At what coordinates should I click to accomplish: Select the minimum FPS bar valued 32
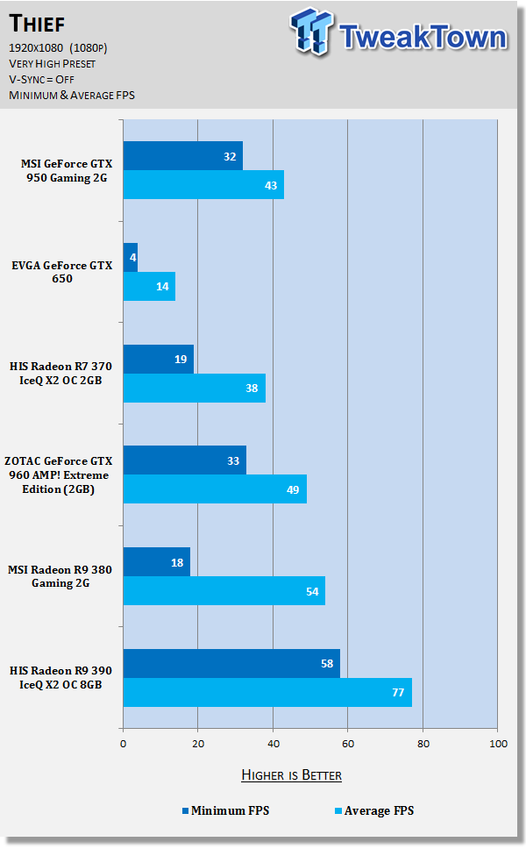182,156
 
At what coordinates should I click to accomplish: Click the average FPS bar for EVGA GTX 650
149,286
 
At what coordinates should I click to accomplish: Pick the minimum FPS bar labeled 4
130,258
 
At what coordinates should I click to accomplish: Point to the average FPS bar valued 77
267,692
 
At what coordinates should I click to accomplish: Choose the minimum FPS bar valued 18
156,562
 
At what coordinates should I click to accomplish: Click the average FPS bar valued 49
215,489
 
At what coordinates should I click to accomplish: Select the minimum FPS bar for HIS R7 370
158,359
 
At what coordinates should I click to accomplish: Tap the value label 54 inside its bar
310,591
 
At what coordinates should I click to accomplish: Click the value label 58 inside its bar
325,664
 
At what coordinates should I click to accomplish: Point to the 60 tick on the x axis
347,744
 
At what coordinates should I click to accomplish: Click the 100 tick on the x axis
497,744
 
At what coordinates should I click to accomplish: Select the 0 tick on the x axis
123,744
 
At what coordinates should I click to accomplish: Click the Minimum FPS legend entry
225,810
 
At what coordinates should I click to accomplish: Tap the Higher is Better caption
291,774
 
